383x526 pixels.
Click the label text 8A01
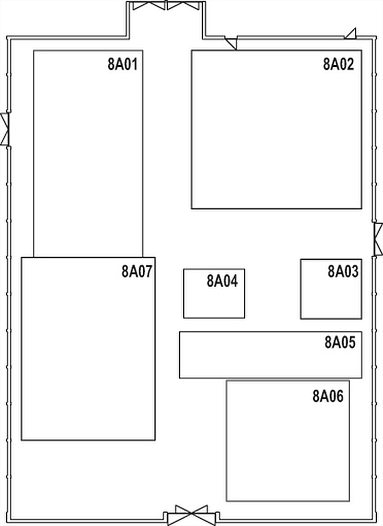point(123,64)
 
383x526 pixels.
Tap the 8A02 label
point(338,64)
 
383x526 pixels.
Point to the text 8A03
point(343,271)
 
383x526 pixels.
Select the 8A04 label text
point(222,281)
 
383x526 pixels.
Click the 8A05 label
point(340,342)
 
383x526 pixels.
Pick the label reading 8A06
point(328,396)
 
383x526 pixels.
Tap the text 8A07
point(137,271)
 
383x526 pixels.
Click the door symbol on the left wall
point(5,129)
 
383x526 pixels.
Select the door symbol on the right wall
point(378,239)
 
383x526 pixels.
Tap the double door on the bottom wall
point(191,515)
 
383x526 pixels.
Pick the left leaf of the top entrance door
point(149,6)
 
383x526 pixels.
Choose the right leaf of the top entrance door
point(183,6)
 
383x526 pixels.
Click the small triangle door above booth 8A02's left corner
point(231,43)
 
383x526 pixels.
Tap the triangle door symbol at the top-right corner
point(351,33)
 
